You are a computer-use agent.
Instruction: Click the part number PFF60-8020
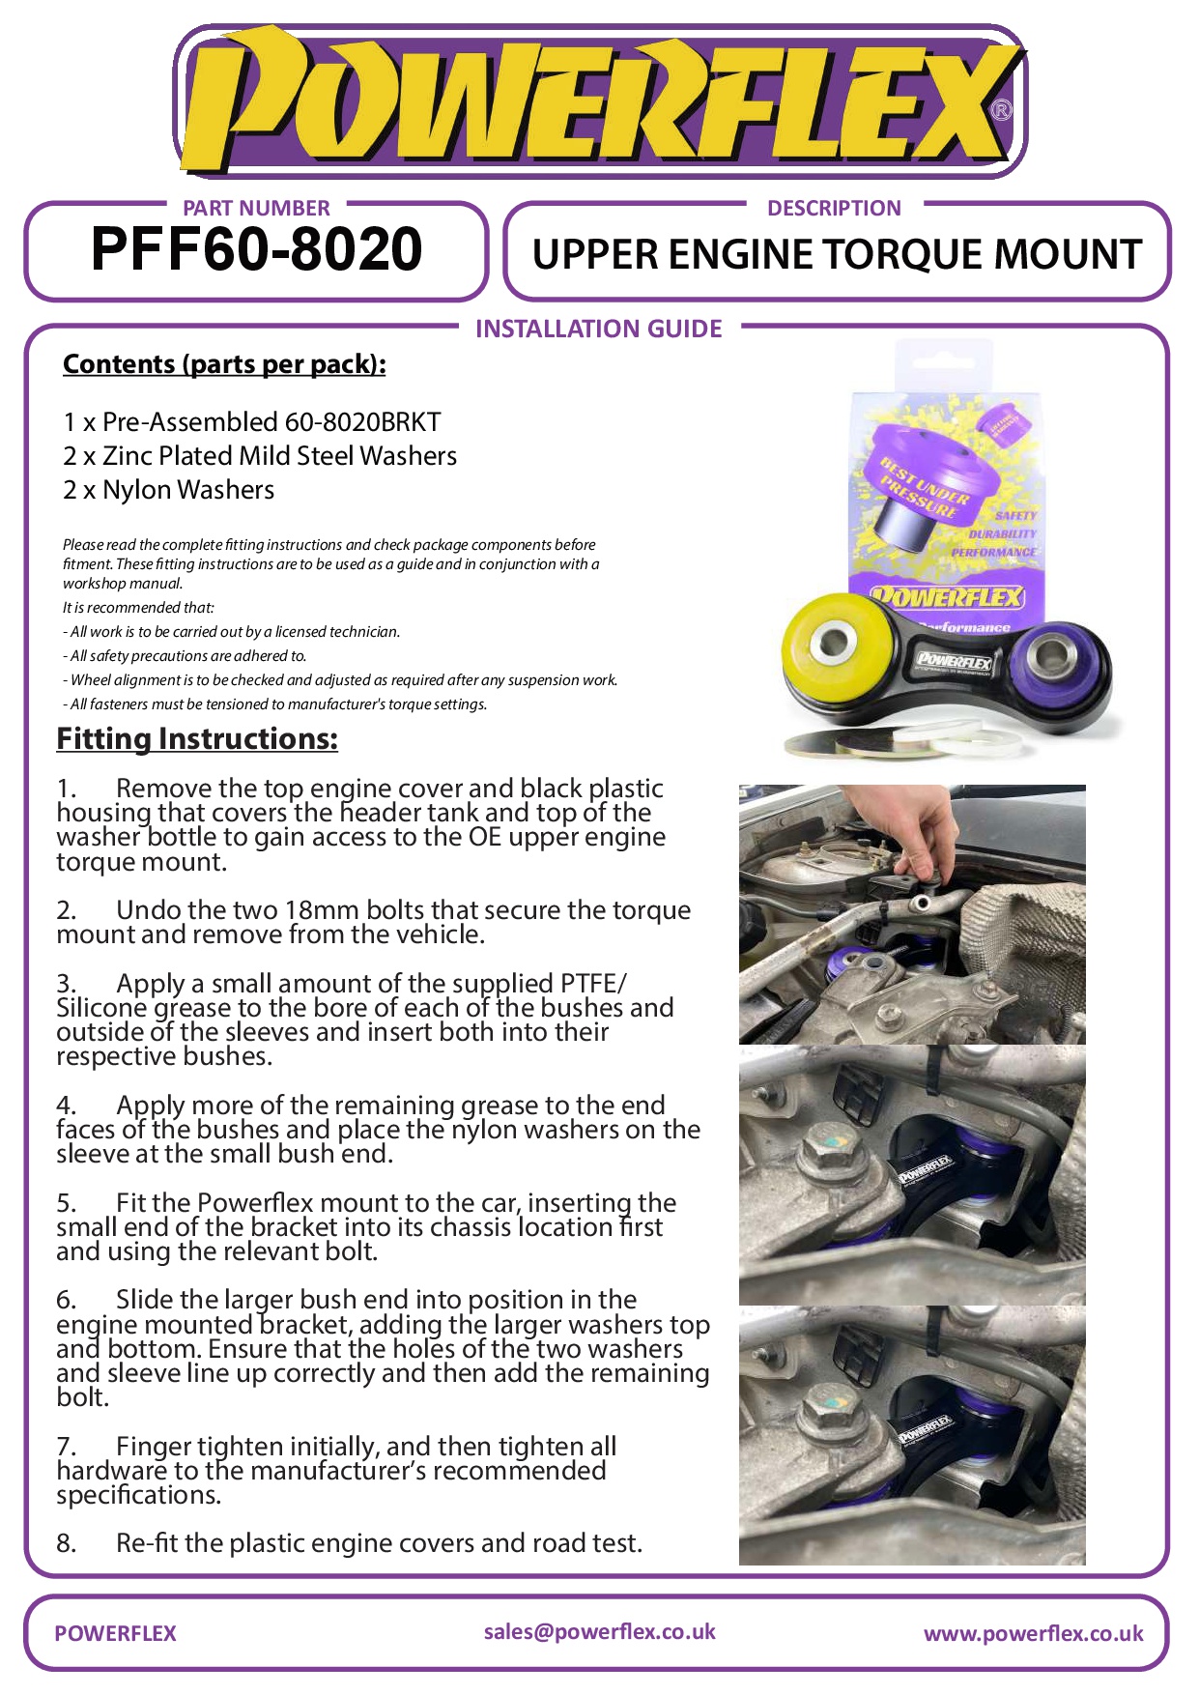click(256, 250)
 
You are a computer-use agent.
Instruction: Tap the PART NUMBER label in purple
click(256, 208)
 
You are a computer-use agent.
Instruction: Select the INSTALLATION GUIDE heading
click(598, 330)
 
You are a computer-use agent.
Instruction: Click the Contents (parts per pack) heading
click(224, 364)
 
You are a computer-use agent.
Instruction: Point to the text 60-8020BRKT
click(362, 422)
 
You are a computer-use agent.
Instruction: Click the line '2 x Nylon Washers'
click(169, 490)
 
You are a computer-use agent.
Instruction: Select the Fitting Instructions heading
click(197, 739)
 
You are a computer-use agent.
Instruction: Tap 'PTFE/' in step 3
click(593, 984)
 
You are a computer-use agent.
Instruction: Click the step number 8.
click(66, 1543)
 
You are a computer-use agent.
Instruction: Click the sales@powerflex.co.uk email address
click(599, 1632)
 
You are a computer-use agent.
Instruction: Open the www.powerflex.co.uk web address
click(1033, 1634)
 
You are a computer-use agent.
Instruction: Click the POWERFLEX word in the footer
click(115, 1634)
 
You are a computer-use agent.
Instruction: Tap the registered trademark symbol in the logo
click(1002, 109)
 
